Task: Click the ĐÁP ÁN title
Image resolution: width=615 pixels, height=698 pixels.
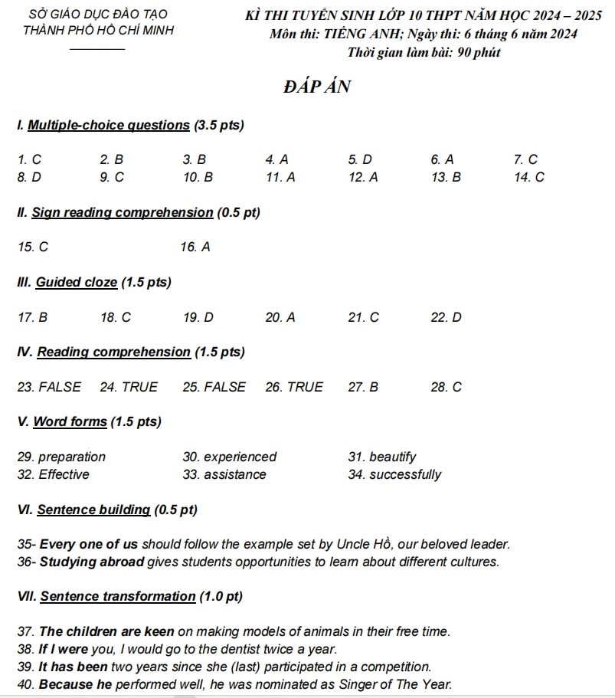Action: pos(316,87)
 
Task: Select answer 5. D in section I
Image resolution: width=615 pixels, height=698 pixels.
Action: pos(359,160)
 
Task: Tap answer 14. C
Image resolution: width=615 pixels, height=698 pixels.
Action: pos(529,177)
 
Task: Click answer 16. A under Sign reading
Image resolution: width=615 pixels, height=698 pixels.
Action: pos(195,247)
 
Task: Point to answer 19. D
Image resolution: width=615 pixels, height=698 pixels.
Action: pos(198,317)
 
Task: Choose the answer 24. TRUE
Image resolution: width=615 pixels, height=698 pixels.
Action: pos(129,387)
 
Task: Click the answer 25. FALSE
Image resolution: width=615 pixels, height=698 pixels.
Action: pos(214,387)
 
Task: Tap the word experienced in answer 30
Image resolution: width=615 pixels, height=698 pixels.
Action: pos(240,457)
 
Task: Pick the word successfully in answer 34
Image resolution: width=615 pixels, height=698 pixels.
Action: pos(405,474)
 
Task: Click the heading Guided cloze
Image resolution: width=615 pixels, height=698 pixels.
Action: pos(77,282)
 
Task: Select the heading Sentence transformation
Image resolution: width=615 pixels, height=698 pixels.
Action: pos(118,596)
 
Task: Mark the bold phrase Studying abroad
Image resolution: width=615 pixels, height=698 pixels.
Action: pos(92,562)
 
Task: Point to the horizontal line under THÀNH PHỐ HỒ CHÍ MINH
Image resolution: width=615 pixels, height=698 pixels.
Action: pos(97,50)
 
